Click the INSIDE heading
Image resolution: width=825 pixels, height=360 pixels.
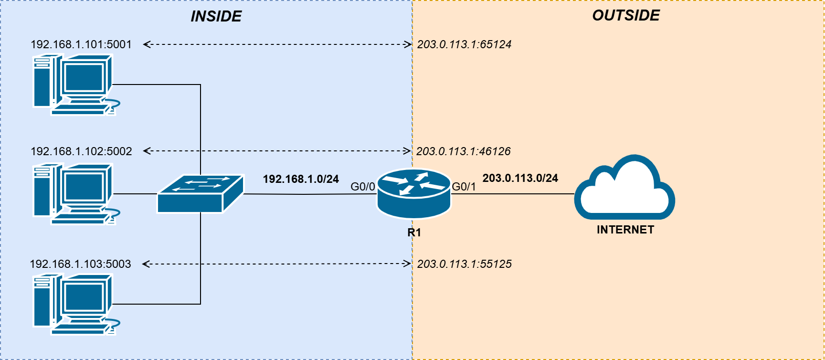click(216, 17)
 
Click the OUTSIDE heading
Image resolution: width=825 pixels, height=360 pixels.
click(626, 16)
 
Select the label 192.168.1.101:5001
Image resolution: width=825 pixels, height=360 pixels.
click(81, 44)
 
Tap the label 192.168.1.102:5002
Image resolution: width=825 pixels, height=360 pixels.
click(81, 151)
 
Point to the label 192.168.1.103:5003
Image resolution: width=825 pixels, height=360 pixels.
click(80, 264)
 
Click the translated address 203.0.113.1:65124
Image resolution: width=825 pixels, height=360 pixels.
click(464, 44)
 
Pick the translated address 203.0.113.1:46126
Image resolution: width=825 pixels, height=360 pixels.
click(463, 151)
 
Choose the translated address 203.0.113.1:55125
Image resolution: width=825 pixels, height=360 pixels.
click(464, 264)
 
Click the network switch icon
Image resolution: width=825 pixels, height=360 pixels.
click(201, 193)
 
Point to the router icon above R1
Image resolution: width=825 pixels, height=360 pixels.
click(414, 193)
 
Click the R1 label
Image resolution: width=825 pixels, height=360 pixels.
click(414, 233)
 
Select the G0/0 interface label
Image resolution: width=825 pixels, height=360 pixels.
click(363, 187)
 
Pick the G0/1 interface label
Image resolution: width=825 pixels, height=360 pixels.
click(464, 187)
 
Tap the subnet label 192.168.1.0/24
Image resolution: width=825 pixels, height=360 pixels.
click(301, 179)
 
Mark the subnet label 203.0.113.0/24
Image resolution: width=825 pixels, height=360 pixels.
click(520, 178)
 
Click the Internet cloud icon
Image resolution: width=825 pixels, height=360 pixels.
click(624, 189)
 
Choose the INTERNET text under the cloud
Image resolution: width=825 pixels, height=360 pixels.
click(625, 230)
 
